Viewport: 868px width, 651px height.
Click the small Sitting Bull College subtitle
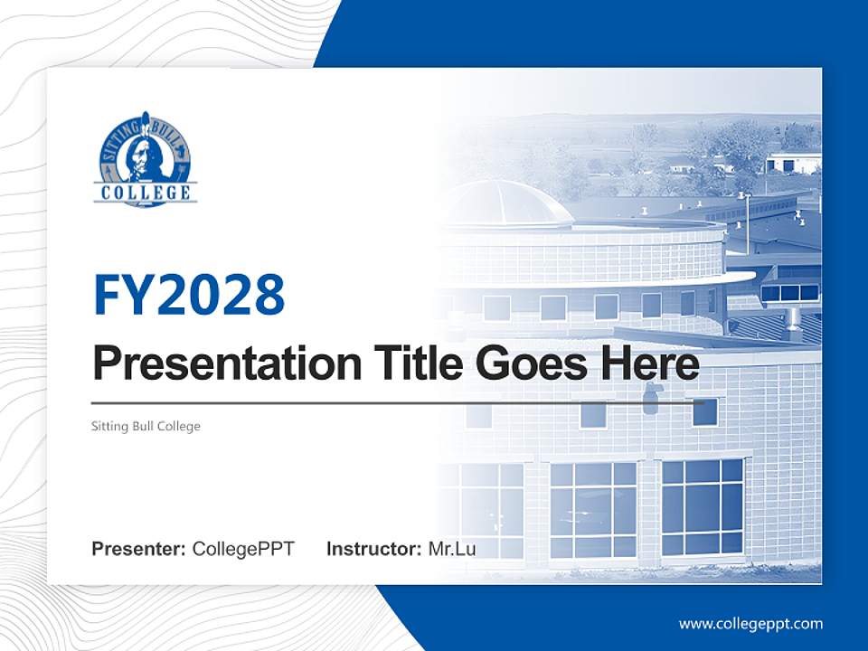146,426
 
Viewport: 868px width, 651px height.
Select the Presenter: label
139,549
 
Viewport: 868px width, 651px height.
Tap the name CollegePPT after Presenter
243,549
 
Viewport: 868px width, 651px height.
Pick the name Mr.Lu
451,549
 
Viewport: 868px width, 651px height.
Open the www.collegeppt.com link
750,623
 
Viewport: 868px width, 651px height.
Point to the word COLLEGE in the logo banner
146,193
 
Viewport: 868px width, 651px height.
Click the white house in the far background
793,162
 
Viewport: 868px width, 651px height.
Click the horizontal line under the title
398,402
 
